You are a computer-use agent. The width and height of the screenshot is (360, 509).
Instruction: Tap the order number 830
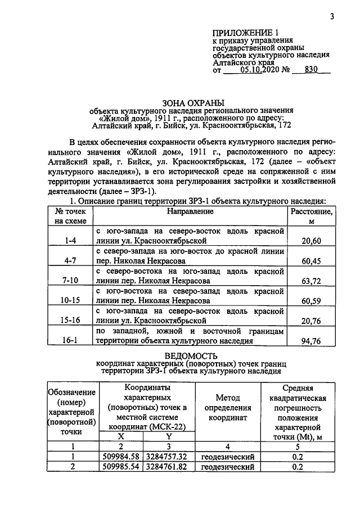point(310,70)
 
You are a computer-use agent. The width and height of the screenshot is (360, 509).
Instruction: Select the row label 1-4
point(70,241)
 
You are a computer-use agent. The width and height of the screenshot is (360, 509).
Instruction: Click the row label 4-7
point(70,261)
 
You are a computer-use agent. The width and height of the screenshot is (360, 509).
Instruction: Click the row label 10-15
point(70,301)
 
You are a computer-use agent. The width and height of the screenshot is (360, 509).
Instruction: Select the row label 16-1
point(70,340)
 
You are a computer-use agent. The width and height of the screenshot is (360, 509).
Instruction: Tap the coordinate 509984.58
point(121,456)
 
